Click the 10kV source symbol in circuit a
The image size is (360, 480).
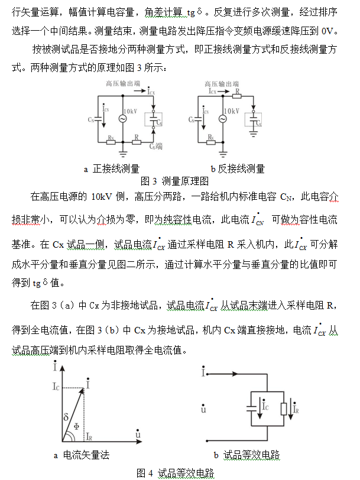(x=124, y=119)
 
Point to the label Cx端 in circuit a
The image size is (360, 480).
(x=156, y=146)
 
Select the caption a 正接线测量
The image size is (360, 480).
(x=111, y=168)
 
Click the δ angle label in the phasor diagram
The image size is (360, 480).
(x=66, y=417)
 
